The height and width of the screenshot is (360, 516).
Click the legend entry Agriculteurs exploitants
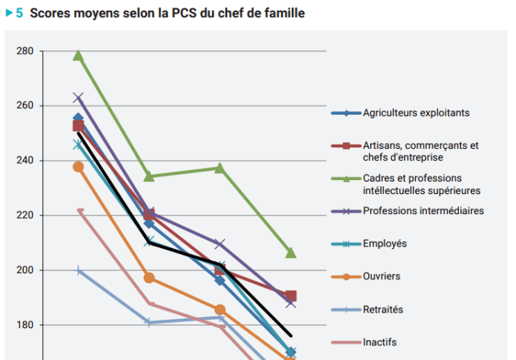click(416, 113)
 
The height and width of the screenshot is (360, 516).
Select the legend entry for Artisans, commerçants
click(420, 150)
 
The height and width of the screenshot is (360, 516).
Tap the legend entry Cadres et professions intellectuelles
click(423, 184)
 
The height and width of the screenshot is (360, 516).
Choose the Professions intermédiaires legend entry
click(423, 210)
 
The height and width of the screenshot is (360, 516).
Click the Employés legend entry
click(385, 243)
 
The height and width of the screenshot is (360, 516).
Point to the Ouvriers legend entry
click(382, 276)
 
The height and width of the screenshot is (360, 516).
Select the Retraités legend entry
click(383, 309)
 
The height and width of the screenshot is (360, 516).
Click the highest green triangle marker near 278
click(79, 56)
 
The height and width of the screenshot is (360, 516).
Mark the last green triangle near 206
click(291, 253)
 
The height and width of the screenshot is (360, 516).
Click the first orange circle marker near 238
click(79, 167)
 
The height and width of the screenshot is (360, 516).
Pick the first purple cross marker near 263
click(79, 98)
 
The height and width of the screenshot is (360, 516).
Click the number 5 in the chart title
click(19, 13)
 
